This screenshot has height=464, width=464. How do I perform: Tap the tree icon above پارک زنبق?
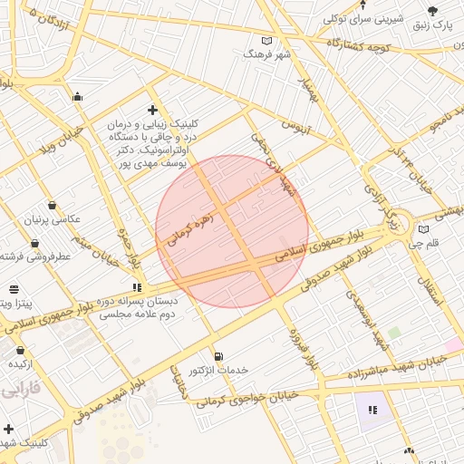point(432,11)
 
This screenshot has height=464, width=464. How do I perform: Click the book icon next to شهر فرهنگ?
point(266,41)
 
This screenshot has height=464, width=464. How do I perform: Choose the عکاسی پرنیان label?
point(55,221)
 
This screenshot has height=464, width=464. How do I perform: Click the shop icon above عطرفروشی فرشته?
point(34,243)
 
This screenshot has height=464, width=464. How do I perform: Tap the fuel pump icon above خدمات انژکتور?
point(217,355)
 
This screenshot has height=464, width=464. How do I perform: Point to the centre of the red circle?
point(232,232)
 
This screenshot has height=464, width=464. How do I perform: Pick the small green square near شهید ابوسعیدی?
point(394,333)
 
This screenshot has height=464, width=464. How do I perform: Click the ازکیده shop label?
point(21,363)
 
